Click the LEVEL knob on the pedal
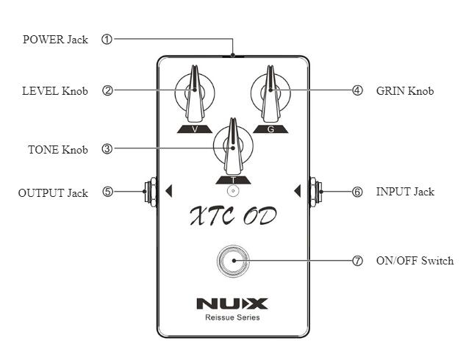coord(195,95)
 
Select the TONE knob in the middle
coord(233,145)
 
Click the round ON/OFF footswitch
coord(233,261)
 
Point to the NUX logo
coord(232,303)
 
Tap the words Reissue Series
coord(232,318)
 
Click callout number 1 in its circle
coord(107,40)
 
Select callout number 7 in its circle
coord(358,261)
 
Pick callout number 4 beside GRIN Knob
coord(358,91)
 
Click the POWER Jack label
coord(55,40)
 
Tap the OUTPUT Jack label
coord(53,193)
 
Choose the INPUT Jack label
coord(405,192)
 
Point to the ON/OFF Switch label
coord(415,261)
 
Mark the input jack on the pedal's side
coord(314,191)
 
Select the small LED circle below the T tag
coord(233,191)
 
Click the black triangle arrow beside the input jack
coord(297,192)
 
